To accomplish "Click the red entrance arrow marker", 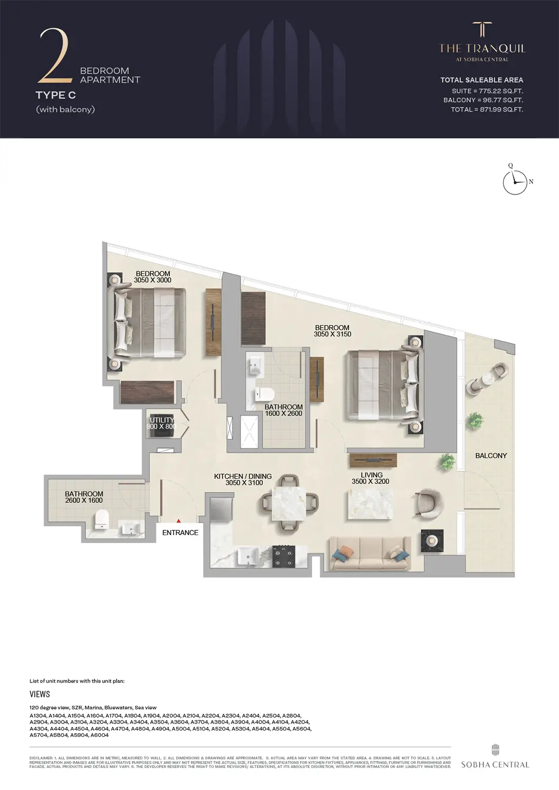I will click(179, 521).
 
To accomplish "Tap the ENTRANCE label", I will click(180, 533).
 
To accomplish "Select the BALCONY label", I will click(491, 456).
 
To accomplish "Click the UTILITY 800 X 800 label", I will click(162, 423).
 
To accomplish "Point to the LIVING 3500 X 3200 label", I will click(371, 478).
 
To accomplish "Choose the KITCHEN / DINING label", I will click(243, 479).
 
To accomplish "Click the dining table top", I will click(289, 503).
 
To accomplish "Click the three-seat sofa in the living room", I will click(370, 554).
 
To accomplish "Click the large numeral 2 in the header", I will click(55, 57).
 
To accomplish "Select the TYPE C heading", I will click(56, 95).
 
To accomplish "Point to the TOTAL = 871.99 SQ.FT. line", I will click(486, 110).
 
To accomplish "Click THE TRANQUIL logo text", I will click(483, 48).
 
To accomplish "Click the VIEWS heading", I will click(40, 694).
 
